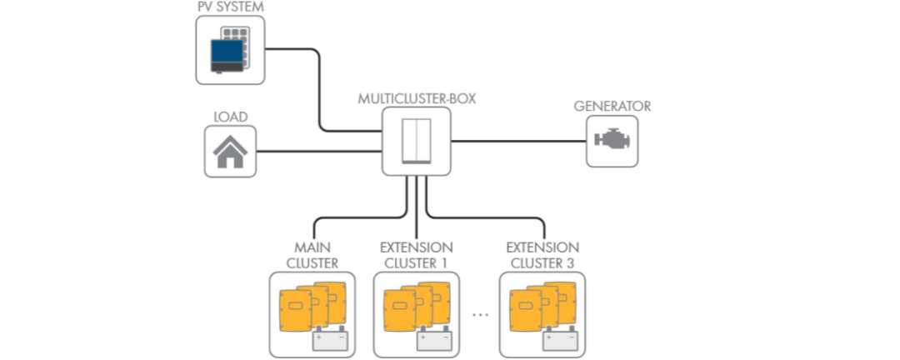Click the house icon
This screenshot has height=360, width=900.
[230, 151]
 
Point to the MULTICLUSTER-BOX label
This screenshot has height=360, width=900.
[417, 98]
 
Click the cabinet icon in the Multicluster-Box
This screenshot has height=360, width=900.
[417, 140]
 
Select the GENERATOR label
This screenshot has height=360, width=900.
[612, 106]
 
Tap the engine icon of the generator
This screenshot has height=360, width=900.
[612, 141]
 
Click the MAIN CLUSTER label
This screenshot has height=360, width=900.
[312, 255]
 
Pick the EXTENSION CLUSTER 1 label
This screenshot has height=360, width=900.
[417, 255]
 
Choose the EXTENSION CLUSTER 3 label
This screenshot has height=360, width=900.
[543, 255]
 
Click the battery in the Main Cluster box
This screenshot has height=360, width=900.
[330, 338]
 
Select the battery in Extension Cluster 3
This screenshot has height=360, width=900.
[560, 338]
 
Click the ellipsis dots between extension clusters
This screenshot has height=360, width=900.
[479, 315]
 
